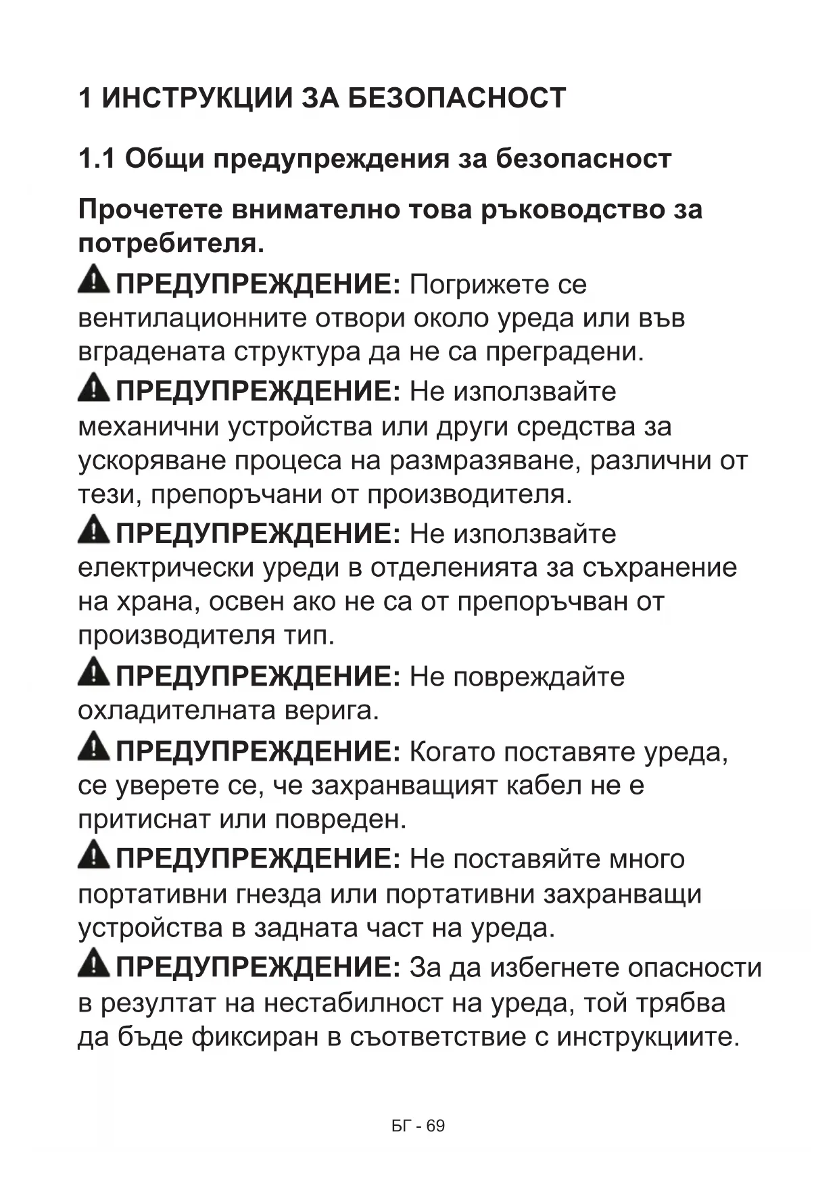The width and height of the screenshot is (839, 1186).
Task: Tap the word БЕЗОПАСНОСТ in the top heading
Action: [x=457, y=99]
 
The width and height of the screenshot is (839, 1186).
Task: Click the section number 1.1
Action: [x=97, y=160]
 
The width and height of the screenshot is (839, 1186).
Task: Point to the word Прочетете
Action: [x=150, y=210]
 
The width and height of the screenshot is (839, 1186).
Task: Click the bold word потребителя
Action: [x=170, y=243]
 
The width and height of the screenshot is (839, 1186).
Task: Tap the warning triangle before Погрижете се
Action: [x=93, y=281]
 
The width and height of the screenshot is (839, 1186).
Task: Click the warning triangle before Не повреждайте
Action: [x=93, y=673]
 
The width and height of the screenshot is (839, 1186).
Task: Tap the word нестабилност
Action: [x=354, y=1003]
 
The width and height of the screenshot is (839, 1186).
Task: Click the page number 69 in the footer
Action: [x=436, y=1126]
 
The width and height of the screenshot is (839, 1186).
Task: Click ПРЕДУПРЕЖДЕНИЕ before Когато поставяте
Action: [x=259, y=752]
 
